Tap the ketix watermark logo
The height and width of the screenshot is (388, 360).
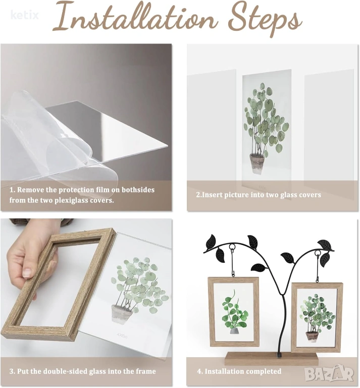(x=25, y=15)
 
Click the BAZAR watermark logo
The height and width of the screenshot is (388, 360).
(x=329, y=374)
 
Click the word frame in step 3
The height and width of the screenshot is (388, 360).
(x=146, y=371)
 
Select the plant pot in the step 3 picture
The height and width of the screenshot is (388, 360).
(x=122, y=314)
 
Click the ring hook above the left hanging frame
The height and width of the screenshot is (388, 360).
(x=232, y=248)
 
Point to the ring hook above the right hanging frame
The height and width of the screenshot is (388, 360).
(x=317, y=254)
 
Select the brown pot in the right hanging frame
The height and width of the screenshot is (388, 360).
(x=312, y=336)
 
